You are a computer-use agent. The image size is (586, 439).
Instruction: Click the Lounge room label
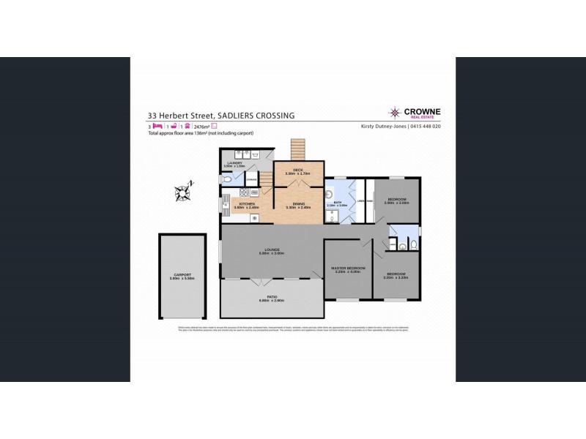(x=271, y=250)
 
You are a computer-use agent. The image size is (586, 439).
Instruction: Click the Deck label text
(x=297, y=170)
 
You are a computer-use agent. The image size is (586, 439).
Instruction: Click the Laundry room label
(x=235, y=163)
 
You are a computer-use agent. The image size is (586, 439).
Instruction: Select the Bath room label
(x=338, y=203)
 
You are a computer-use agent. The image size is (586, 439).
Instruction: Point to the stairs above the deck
(x=297, y=149)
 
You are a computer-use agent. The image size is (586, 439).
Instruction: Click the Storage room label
(x=251, y=179)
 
